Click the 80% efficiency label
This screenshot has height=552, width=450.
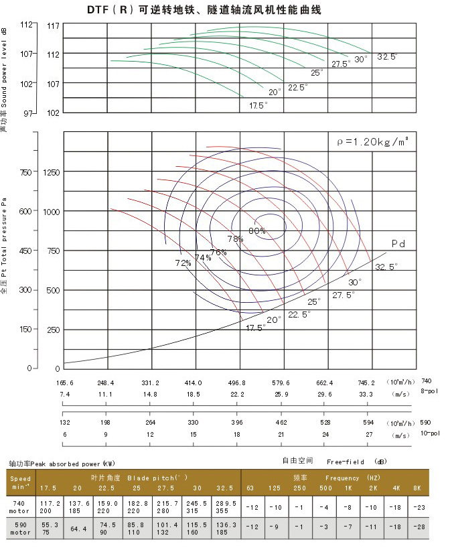pos(257,230)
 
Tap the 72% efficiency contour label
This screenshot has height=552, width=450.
pos(183,263)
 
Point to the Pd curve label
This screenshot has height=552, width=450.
pos(399,243)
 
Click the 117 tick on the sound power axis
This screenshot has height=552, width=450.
pos(54,25)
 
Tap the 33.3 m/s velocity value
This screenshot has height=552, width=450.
pos(366,395)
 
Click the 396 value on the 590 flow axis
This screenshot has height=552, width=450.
pos(237,423)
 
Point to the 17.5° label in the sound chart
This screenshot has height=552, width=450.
pos(258,105)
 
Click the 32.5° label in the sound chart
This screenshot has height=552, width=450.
pos(387,57)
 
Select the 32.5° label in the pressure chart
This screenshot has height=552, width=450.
pos(386,267)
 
